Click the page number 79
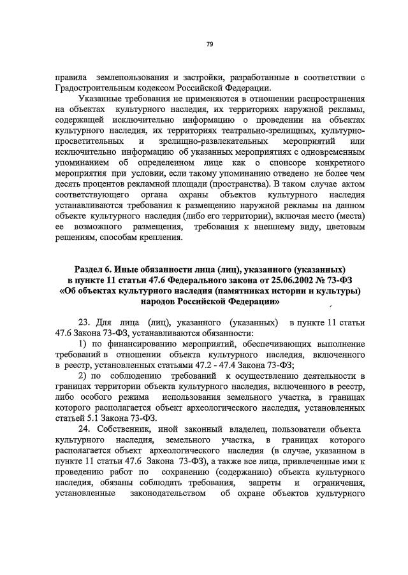[x=209, y=44]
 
